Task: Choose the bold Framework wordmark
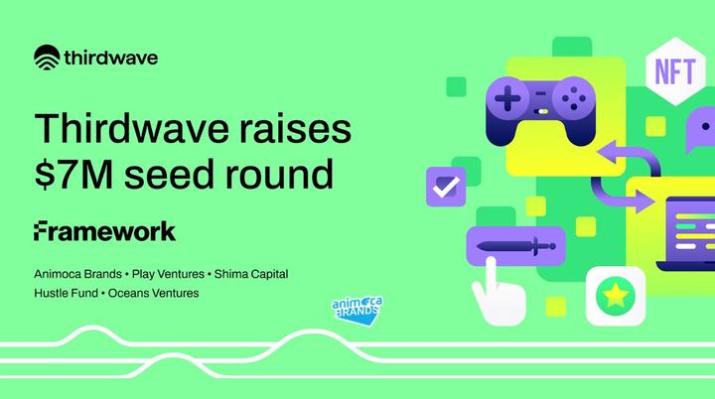(x=104, y=231)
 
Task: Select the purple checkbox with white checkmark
(x=444, y=186)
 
